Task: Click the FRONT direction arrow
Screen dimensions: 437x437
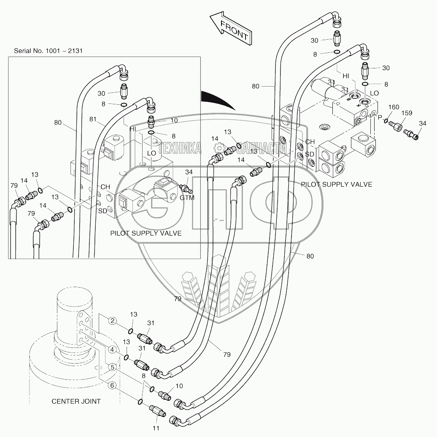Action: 231,28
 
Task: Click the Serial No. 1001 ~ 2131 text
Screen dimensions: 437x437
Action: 48,51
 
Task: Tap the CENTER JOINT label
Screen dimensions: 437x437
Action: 76,401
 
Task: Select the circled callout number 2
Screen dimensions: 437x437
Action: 112,321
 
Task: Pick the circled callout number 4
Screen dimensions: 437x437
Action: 112,350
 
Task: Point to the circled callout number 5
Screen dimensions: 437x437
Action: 112,367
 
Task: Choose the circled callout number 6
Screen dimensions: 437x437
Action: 112,385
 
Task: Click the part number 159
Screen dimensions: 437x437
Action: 407,113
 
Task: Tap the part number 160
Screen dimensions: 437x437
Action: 394,107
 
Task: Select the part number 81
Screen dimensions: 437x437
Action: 93,119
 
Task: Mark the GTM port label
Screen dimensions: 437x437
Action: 187,198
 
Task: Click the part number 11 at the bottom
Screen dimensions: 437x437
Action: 156,428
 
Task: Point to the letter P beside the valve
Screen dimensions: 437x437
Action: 380,118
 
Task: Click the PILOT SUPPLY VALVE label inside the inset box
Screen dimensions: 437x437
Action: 146,233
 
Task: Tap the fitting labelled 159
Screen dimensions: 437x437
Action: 396,126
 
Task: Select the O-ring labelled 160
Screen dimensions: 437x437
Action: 386,121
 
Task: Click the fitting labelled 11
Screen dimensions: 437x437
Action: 158,410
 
